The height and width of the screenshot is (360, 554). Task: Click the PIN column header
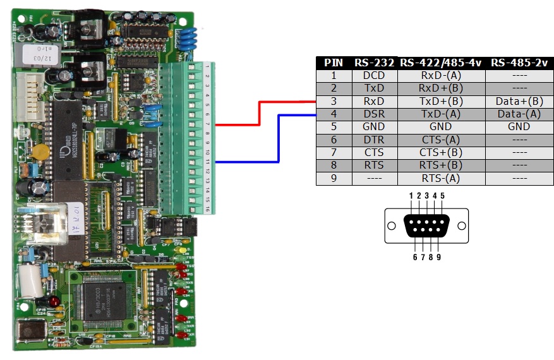(333, 63)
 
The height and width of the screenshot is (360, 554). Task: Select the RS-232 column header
(374, 63)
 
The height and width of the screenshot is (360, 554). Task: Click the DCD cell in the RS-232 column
(374, 75)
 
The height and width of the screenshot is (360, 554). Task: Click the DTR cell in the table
(374, 140)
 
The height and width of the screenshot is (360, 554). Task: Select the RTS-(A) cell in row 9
(441, 178)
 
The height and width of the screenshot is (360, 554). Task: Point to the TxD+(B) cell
(441, 101)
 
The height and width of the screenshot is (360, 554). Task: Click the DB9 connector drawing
(426, 225)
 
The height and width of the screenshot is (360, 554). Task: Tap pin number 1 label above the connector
(411, 196)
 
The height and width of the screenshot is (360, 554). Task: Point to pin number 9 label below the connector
(438, 257)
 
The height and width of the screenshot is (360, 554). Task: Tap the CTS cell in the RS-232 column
(374, 152)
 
